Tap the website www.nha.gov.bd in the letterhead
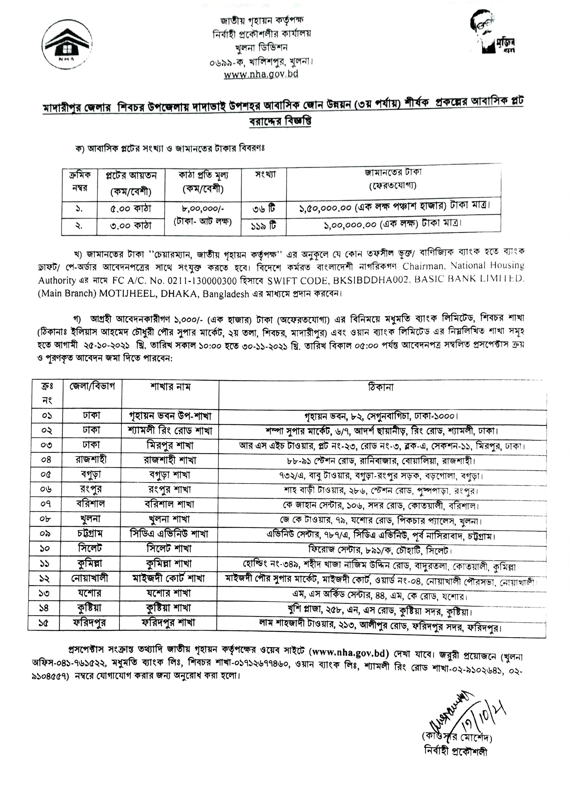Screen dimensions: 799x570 pyautogui.click(x=261, y=74)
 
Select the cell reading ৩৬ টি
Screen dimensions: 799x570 pyautogui.click(x=264, y=209)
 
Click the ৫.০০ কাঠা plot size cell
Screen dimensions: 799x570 pyautogui.click(x=131, y=209)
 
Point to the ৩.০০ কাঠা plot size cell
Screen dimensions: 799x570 pyautogui.click(x=131, y=226)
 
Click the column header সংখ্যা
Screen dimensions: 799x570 pyautogui.click(x=265, y=175)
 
